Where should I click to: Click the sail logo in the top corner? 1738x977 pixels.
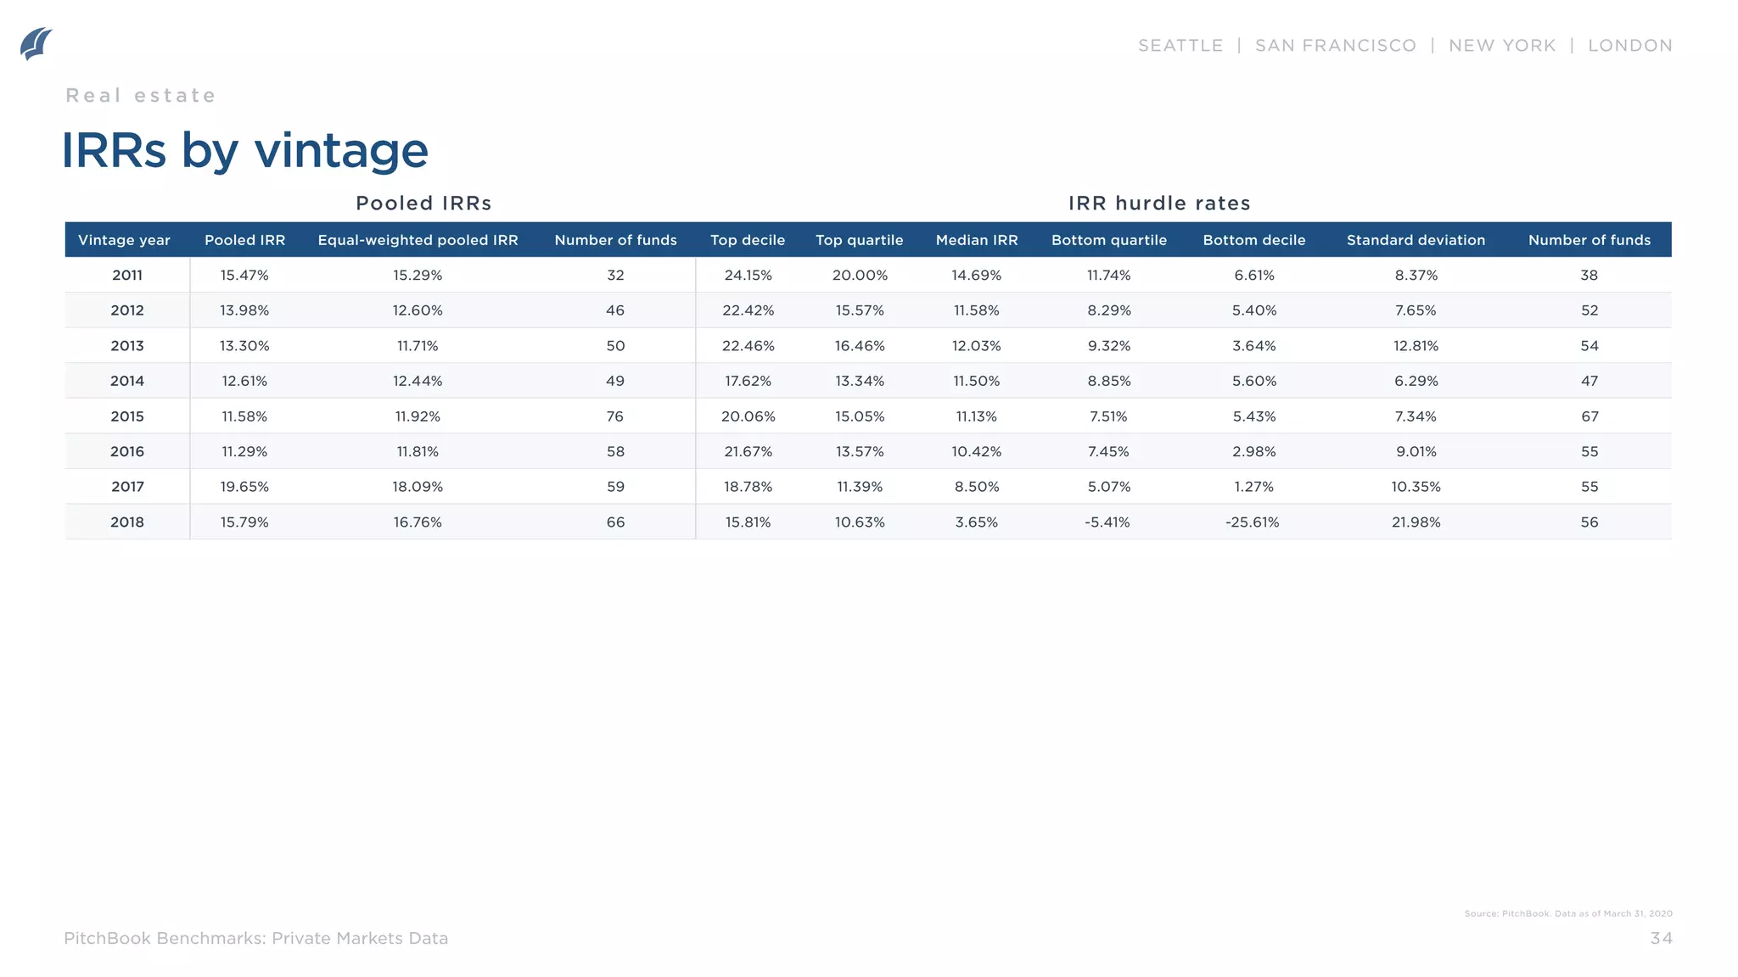point(36,44)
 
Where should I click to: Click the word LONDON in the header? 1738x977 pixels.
point(1629,46)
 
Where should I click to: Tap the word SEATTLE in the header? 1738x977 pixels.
point(1180,46)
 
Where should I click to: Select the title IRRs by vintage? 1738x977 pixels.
point(244,151)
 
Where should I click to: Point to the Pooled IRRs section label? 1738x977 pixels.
point(423,204)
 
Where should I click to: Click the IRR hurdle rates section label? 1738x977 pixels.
point(1159,204)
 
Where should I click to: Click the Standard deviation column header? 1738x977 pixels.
point(1416,240)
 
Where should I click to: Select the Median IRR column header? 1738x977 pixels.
point(976,240)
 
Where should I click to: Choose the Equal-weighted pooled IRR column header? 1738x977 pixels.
point(418,240)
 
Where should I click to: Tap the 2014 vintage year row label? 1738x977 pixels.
point(127,382)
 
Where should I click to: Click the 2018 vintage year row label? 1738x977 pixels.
point(127,522)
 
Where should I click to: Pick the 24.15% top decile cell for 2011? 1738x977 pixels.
point(748,276)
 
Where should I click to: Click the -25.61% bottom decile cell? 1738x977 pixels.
point(1252,522)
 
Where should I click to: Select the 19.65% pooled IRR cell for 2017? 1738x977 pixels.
point(244,487)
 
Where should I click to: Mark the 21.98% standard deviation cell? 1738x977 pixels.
point(1416,522)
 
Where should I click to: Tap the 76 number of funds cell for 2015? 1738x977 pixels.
point(615,416)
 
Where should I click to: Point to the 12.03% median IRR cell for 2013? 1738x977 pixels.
point(976,346)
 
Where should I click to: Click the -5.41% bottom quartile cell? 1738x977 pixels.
point(1107,522)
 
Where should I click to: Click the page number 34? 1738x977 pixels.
point(1661,938)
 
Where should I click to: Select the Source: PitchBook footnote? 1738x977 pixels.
point(1567,913)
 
